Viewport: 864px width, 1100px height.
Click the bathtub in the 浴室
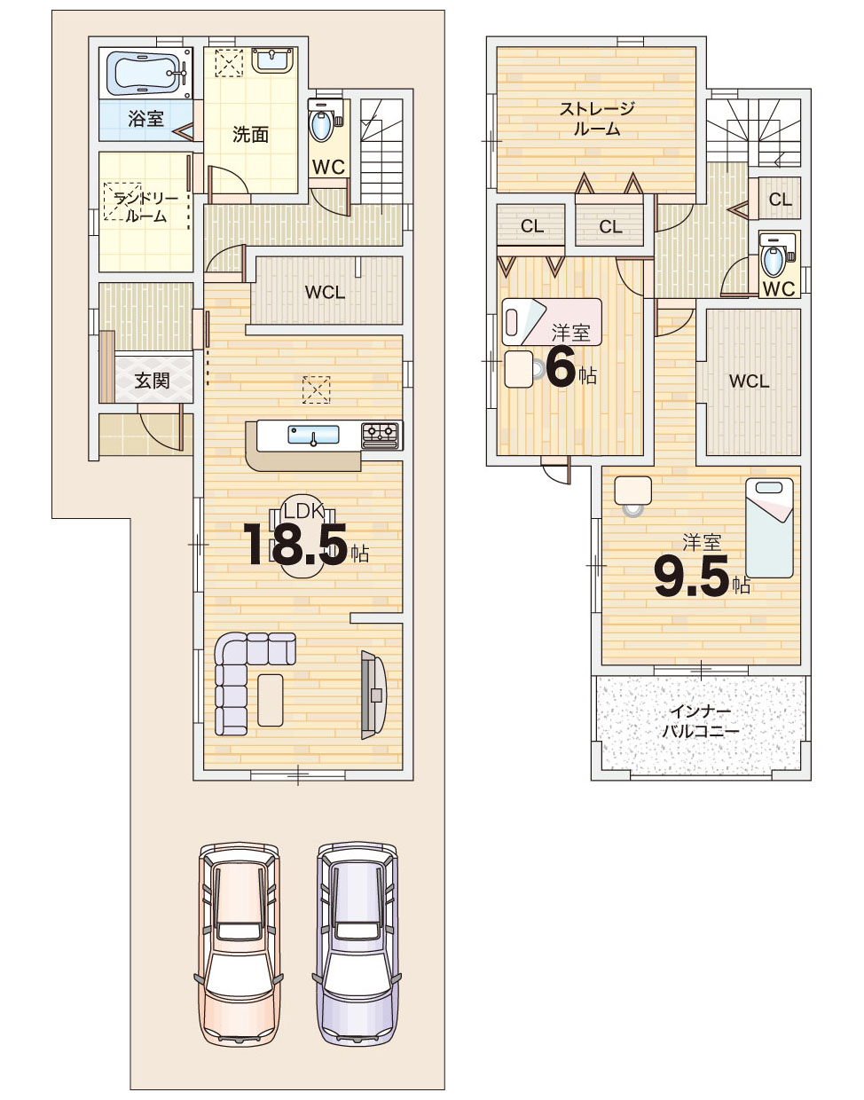pos(145,74)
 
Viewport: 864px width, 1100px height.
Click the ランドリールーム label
pos(145,208)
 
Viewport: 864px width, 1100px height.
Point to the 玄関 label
pos(152,381)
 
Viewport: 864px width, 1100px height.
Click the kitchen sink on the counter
pos(313,435)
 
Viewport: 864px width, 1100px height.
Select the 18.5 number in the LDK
pos(296,545)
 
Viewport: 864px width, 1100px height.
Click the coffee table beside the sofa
pos(271,701)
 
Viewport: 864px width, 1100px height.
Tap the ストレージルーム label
pos(597,119)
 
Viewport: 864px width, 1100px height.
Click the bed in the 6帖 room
pos(552,321)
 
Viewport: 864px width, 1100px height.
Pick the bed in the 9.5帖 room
pos(769,528)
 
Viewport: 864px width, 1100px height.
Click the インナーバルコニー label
pos(701,722)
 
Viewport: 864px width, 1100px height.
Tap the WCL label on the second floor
pos(749,381)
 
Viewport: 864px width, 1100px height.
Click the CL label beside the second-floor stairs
pos(780,200)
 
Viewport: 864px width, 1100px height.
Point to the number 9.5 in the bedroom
pos(692,576)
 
